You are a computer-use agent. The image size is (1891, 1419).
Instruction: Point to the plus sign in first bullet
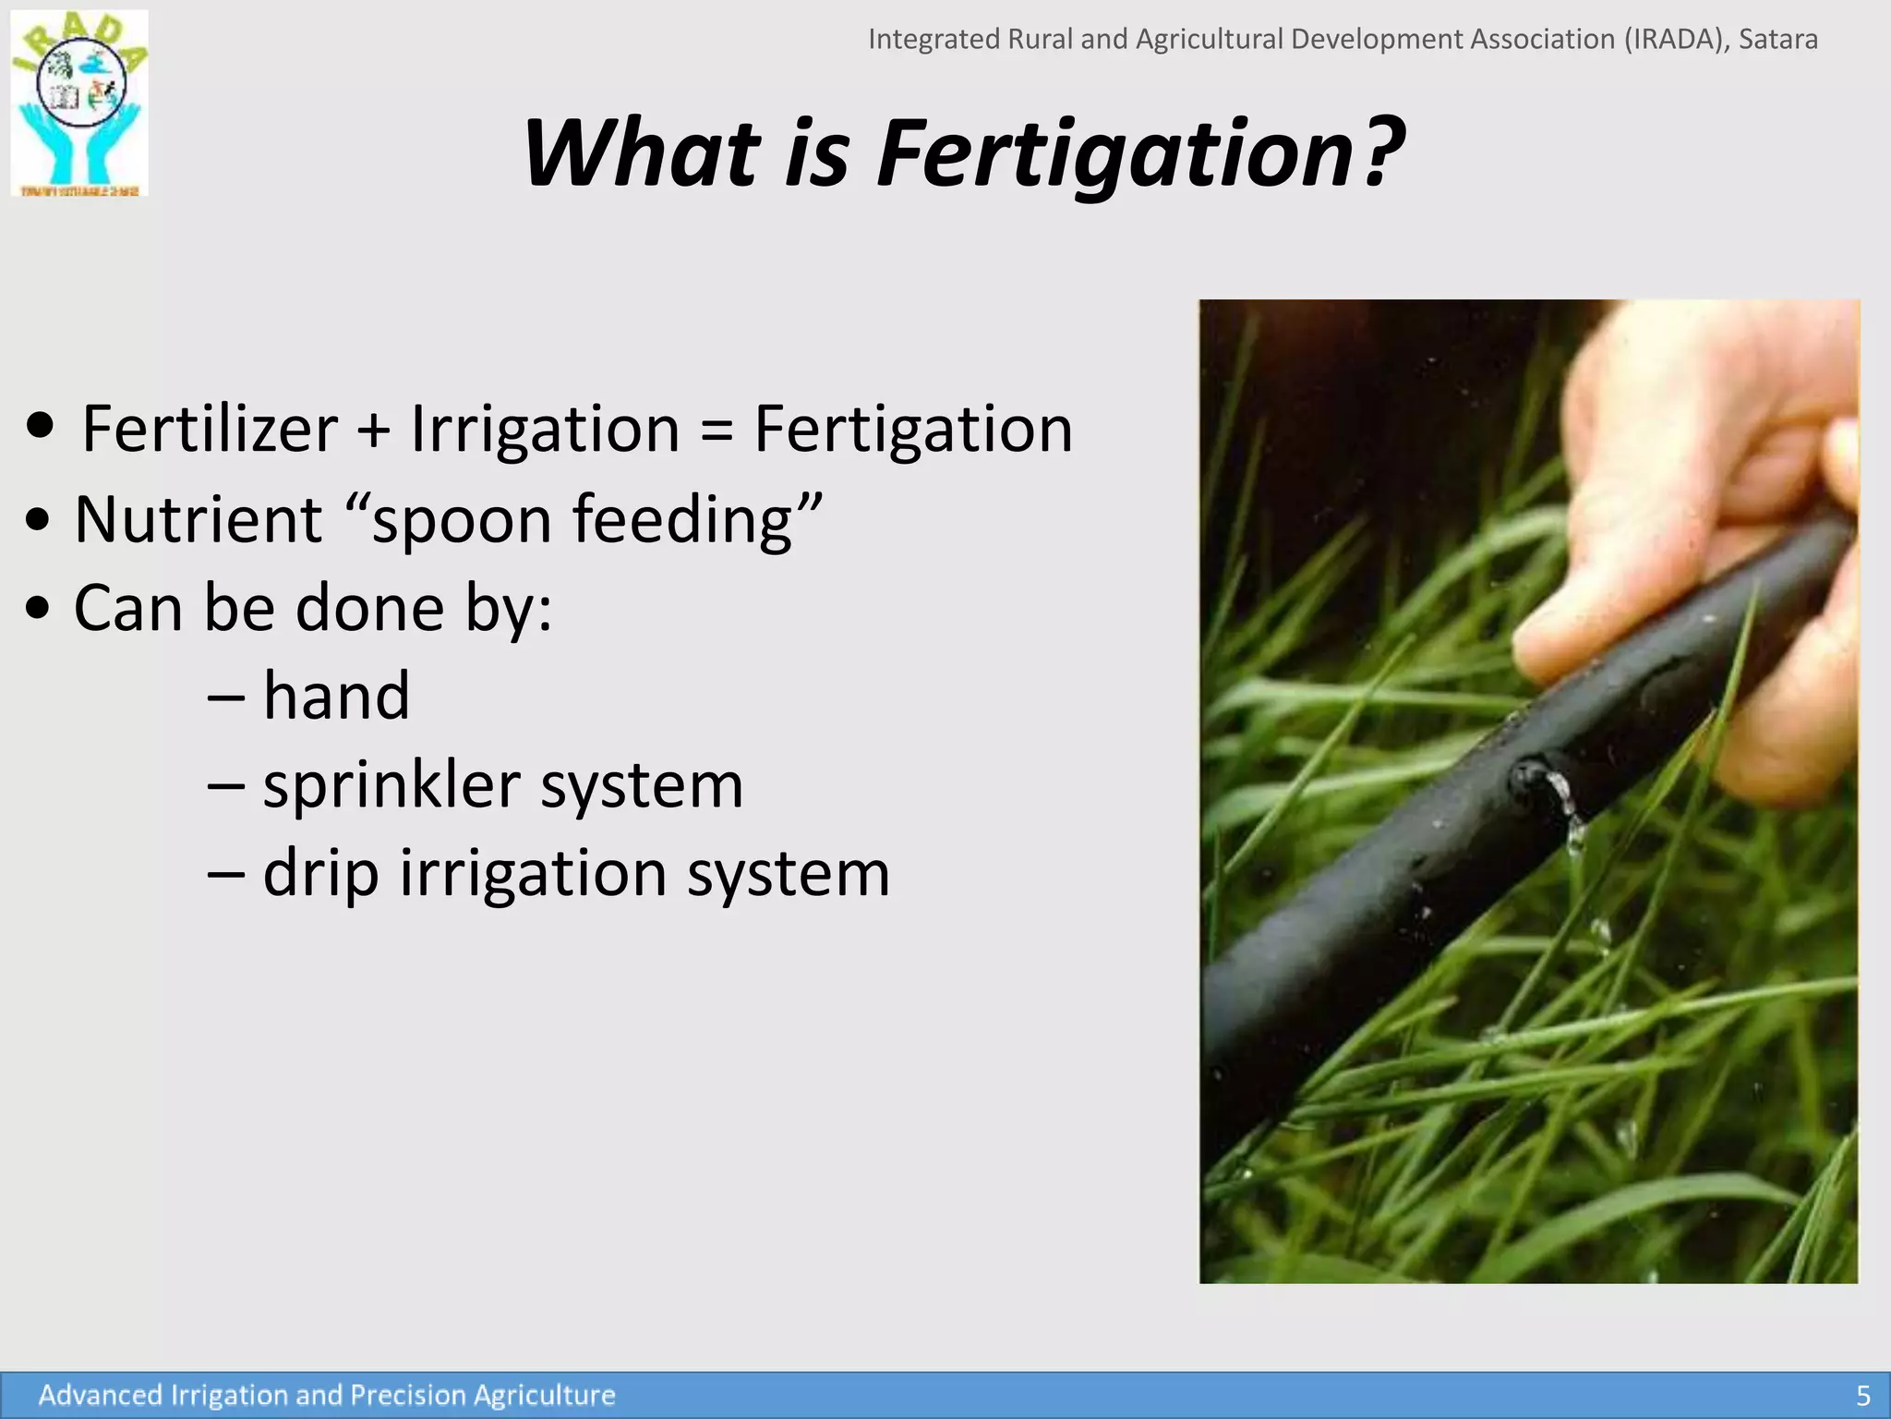coord(374,431)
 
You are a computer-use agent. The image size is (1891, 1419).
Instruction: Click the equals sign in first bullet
coord(717,431)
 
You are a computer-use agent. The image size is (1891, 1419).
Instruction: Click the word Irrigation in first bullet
coord(545,431)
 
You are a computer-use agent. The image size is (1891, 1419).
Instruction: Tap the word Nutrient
coord(198,519)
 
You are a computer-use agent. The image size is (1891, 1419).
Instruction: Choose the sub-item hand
coord(336,696)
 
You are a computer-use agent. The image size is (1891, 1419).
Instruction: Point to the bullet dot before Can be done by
coord(38,609)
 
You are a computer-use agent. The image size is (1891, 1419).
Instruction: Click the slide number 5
coord(1862,1395)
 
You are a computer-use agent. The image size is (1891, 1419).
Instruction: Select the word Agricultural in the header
coord(1210,40)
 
